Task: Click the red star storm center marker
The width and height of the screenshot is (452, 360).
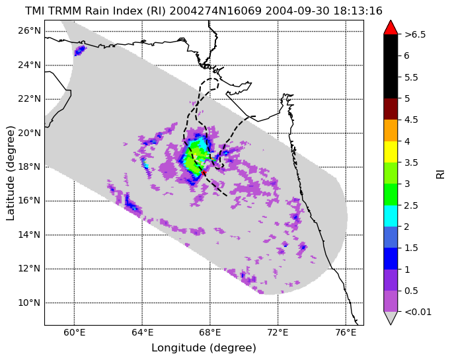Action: tap(204, 172)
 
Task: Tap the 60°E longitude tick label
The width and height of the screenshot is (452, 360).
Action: tap(75, 333)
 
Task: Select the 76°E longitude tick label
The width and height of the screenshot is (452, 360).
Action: tap(346, 333)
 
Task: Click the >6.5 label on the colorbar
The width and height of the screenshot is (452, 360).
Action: tap(415, 34)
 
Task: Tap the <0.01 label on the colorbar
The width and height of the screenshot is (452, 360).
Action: tap(418, 312)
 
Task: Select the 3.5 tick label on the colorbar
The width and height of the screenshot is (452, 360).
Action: tap(411, 162)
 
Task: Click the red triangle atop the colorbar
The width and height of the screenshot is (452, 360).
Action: tap(391, 28)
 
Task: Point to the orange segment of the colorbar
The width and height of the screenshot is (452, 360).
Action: tap(391, 130)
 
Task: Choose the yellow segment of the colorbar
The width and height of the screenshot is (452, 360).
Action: tap(391, 152)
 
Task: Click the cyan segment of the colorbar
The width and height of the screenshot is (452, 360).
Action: tap(391, 216)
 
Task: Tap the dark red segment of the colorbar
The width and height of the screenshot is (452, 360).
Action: tap(391, 109)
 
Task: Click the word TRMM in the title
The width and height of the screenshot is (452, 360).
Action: tap(70, 11)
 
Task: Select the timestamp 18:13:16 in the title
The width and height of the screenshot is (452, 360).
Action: tap(358, 11)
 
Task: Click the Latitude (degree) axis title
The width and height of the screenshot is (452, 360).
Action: tap(10, 173)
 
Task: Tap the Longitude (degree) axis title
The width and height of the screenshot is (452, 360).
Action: tap(204, 348)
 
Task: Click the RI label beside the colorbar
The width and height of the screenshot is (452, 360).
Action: tap(440, 174)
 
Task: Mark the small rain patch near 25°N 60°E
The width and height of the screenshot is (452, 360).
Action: tap(80, 50)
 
